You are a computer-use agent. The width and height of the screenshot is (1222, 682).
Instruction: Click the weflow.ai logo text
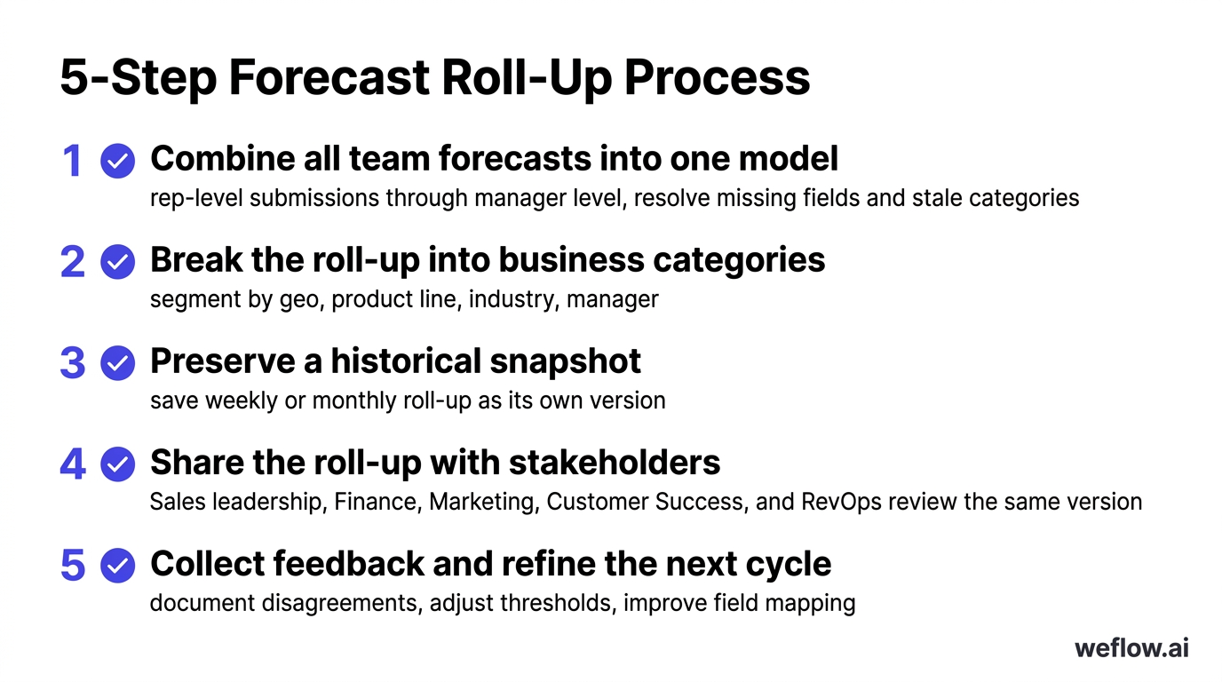point(1131,647)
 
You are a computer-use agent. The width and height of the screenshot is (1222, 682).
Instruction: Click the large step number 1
point(72,161)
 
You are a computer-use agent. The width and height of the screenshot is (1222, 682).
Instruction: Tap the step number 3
point(73,363)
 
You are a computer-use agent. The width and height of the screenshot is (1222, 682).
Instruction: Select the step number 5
point(73,566)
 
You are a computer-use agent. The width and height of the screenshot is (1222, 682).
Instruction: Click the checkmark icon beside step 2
point(117,263)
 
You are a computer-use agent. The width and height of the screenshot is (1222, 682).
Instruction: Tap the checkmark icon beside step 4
point(117,464)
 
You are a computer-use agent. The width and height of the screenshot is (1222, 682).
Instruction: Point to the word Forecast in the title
point(328,78)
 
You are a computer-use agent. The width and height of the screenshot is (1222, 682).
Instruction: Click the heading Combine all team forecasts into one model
point(494,159)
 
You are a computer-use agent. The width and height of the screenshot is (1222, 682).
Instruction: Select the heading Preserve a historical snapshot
point(395,361)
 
